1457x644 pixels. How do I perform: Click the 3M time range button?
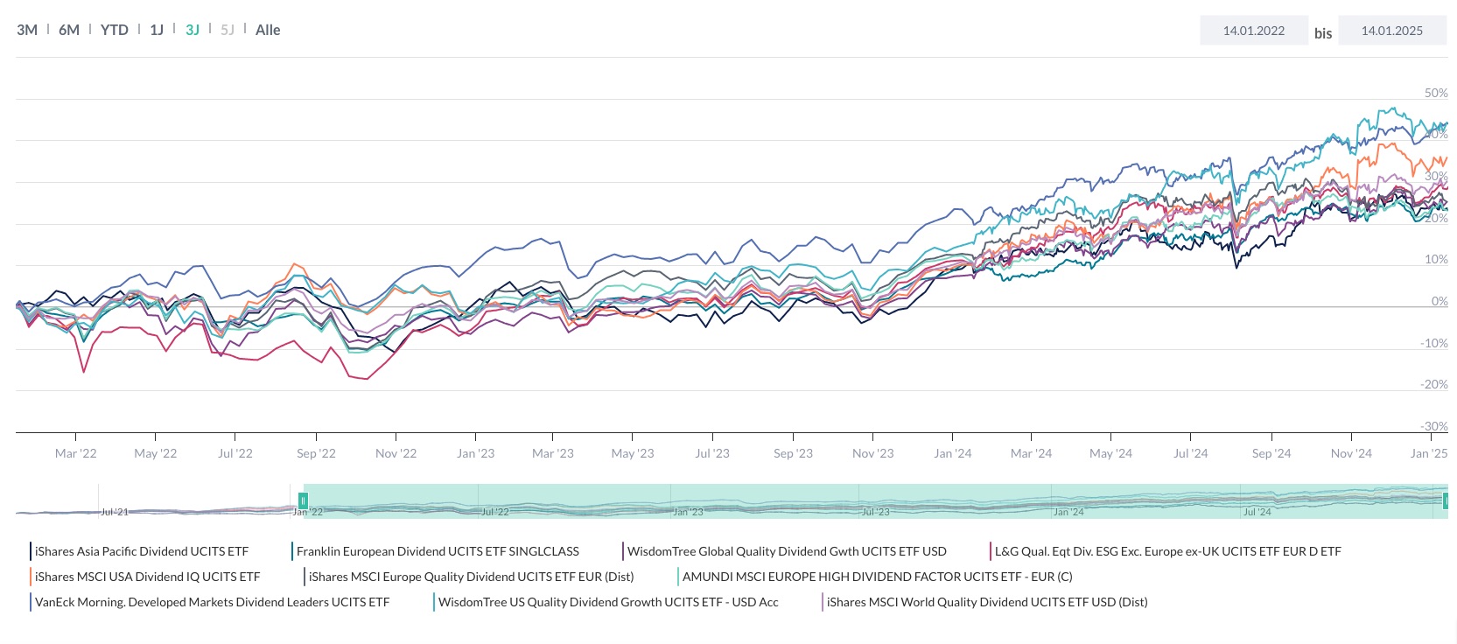click(27, 30)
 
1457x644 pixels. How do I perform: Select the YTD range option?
click(114, 30)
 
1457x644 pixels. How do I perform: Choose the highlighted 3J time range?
click(193, 30)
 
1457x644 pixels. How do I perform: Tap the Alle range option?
click(268, 30)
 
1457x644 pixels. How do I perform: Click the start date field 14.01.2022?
click(1253, 31)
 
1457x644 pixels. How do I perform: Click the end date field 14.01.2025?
click(1391, 31)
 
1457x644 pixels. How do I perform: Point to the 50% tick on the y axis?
click(1436, 93)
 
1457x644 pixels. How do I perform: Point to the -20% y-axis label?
click(1433, 385)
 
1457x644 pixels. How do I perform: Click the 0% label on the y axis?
click(1439, 301)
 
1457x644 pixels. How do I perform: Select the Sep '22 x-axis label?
click(316, 453)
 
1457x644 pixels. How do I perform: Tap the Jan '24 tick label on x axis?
click(952, 453)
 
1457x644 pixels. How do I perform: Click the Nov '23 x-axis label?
click(872, 453)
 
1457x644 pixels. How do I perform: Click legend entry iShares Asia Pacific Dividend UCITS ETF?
click(141, 551)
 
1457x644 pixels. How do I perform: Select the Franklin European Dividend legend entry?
click(437, 551)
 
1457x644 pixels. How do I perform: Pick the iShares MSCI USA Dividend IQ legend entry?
click(147, 577)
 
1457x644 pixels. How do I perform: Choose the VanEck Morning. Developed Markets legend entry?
click(212, 602)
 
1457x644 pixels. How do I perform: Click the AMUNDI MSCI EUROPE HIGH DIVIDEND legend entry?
click(877, 577)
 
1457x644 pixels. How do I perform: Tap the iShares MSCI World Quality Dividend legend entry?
click(986, 602)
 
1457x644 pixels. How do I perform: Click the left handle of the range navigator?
click(303, 500)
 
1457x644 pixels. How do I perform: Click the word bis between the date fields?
click(1322, 33)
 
